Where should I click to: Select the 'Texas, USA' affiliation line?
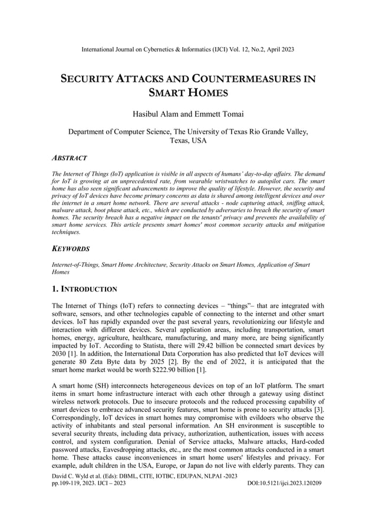(x=187, y=141)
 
